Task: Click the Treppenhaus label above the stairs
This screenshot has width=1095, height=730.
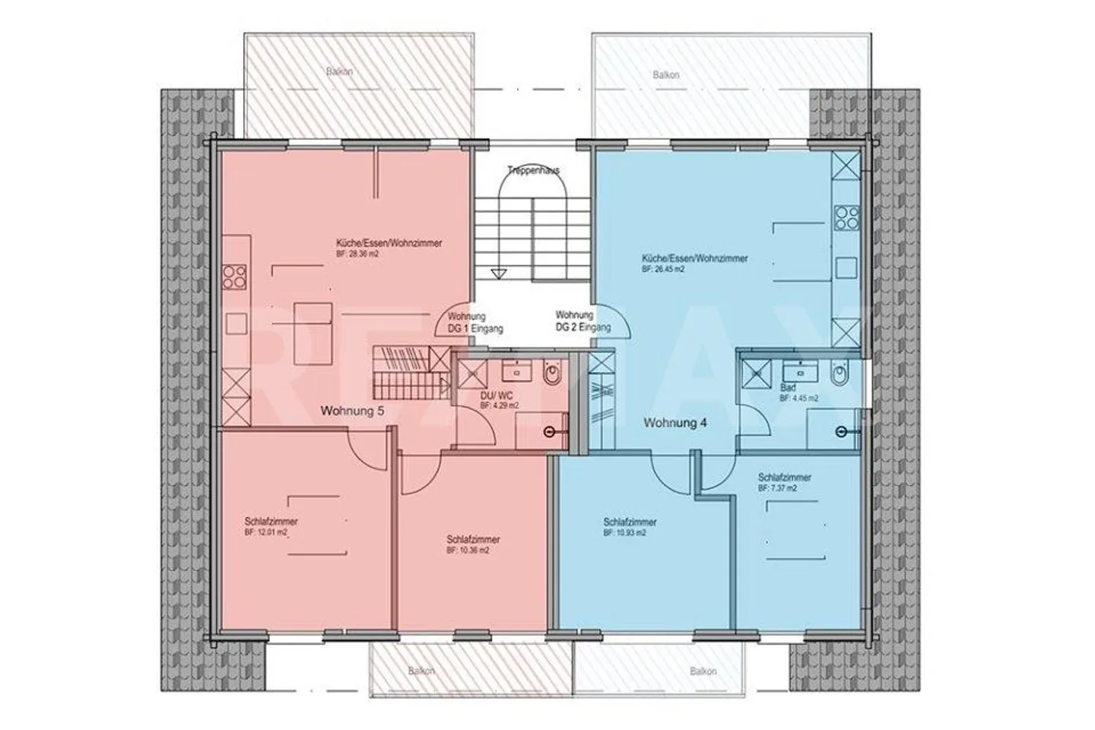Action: tap(534, 171)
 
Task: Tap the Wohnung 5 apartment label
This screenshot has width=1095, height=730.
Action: tap(353, 411)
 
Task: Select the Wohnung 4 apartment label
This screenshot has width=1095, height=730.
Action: tap(675, 423)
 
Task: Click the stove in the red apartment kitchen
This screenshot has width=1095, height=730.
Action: tap(234, 277)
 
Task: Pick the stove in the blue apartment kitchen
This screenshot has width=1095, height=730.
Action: tap(846, 219)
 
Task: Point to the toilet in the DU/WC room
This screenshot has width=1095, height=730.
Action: tap(552, 375)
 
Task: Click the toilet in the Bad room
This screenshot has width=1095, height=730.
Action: tap(839, 375)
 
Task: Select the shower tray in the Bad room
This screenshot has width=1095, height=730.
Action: tap(757, 372)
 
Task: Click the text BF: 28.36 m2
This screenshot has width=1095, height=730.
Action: tap(357, 255)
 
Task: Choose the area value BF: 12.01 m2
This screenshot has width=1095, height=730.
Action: tap(266, 533)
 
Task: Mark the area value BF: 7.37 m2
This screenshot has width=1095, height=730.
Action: tap(777, 488)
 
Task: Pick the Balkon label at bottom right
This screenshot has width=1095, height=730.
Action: tap(703, 671)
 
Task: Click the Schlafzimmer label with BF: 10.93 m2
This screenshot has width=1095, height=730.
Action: tap(630, 522)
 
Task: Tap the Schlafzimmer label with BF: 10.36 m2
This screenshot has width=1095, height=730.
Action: tap(473, 539)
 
